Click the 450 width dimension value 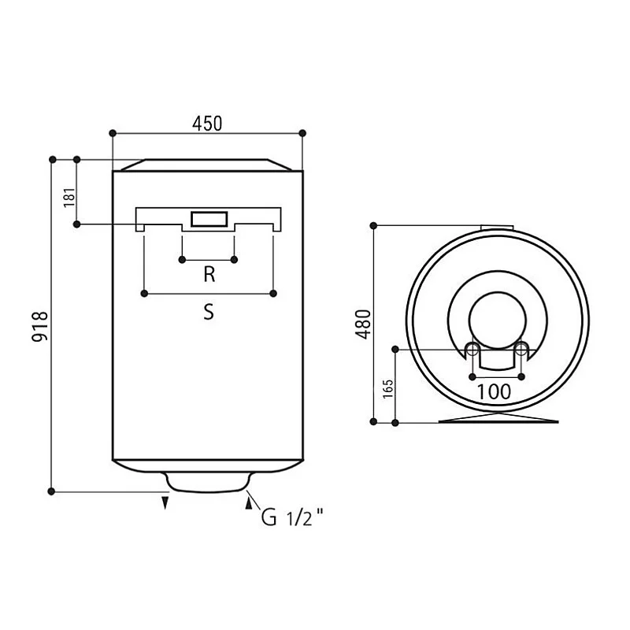coord(207,124)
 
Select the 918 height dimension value coord(40,326)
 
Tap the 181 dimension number coord(69,198)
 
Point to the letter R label coord(209,274)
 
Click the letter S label coord(209,312)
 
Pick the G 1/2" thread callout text coord(292,517)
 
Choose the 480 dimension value coord(363,324)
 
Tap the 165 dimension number coord(387,388)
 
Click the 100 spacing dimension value coord(494,391)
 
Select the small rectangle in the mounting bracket coord(209,220)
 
